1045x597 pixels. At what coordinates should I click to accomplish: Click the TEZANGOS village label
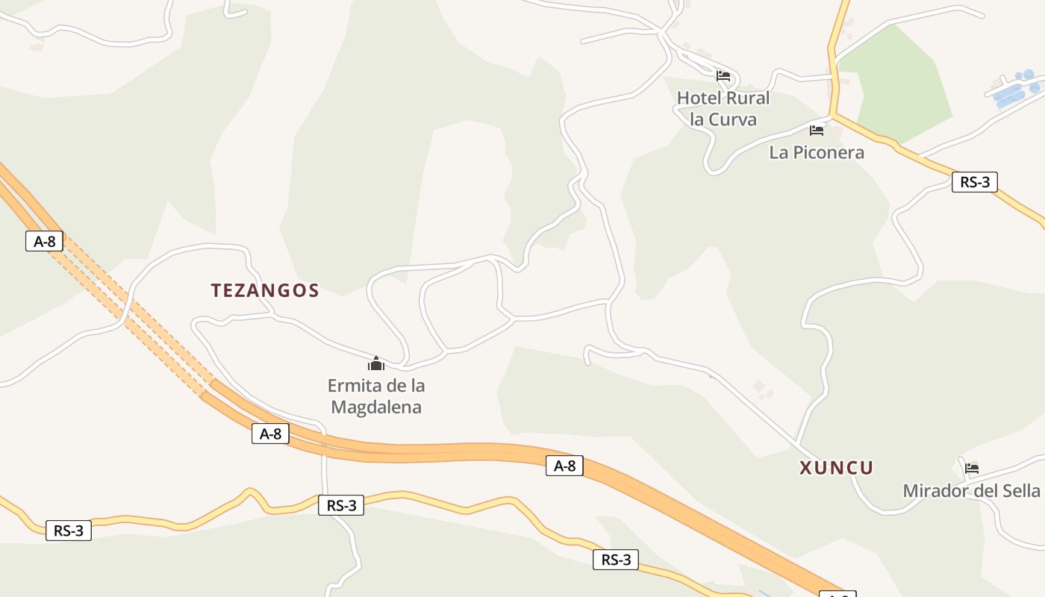click(265, 290)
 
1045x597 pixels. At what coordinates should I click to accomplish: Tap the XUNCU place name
click(836, 468)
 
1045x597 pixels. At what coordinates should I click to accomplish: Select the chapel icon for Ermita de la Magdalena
click(375, 363)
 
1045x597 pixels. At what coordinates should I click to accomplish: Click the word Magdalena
click(376, 407)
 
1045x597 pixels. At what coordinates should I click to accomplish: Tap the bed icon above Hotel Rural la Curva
click(723, 75)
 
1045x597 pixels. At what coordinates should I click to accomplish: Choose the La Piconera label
click(817, 152)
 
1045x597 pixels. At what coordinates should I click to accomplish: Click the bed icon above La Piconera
click(817, 131)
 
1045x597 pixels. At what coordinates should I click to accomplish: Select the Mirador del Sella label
click(971, 490)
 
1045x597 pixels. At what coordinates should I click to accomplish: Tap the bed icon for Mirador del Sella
click(971, 469)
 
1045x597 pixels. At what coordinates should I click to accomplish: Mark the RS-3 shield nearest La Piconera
click(974, 181)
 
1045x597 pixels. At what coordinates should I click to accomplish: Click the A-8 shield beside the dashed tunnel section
click(44, 241)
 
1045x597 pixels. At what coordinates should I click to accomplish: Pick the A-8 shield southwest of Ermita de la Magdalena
click(270, 434)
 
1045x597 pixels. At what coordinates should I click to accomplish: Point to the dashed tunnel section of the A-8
click(134, 313)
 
